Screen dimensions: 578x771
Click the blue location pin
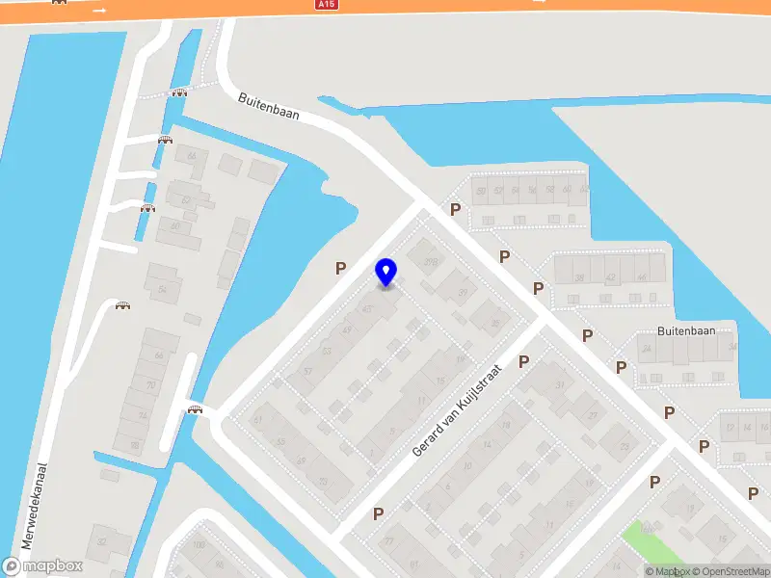385,272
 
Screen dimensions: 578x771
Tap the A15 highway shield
328,5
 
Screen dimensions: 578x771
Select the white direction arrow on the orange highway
100,10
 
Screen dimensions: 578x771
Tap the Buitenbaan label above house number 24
685,330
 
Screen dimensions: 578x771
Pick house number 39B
431,261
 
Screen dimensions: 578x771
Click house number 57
307,372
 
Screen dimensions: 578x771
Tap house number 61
257,420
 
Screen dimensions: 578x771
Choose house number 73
322,482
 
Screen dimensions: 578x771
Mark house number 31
559,386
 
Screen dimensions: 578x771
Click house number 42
610,277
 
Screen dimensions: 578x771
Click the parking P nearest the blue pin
340,269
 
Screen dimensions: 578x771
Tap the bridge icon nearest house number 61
196,409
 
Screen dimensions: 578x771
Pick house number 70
150,386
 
